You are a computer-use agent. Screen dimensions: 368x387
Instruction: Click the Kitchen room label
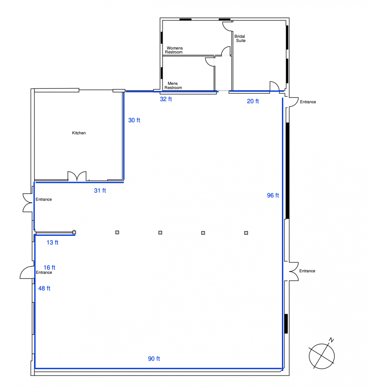coord(79,133)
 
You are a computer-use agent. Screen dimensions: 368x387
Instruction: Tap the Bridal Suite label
coord(240,38)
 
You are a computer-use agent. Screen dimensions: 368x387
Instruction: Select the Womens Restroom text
coord(174,50)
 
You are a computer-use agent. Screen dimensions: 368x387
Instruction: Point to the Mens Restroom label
coord(173,85)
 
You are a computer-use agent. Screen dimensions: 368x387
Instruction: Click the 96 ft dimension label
coord(273,195)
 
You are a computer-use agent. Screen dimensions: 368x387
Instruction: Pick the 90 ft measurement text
coord(154,359)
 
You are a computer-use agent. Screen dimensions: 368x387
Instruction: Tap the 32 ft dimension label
coord(166,99)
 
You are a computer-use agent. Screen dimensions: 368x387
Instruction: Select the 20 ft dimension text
coord(253,101)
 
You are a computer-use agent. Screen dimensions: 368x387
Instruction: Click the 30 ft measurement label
coord(134,120)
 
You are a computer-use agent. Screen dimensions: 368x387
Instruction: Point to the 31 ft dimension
coord(100,190)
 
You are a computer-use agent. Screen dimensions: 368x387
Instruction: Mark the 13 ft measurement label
coord(52,242)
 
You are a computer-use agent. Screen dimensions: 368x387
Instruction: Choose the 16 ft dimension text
coord(49,267)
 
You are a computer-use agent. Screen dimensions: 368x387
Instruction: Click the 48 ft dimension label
coord(44,288)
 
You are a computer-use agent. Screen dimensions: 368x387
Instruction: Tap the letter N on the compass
coord(331,340)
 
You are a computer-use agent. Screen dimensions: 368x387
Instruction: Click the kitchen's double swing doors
coord(77,176)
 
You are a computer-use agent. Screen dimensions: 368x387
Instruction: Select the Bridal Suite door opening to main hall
coord(274,86)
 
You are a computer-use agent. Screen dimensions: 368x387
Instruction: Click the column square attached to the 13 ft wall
coord(74,232)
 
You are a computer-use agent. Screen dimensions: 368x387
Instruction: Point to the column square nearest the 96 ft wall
coord(246,233)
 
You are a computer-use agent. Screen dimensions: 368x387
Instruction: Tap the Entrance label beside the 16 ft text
coord(44,273)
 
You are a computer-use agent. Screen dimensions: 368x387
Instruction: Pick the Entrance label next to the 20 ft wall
coord(308,102)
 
